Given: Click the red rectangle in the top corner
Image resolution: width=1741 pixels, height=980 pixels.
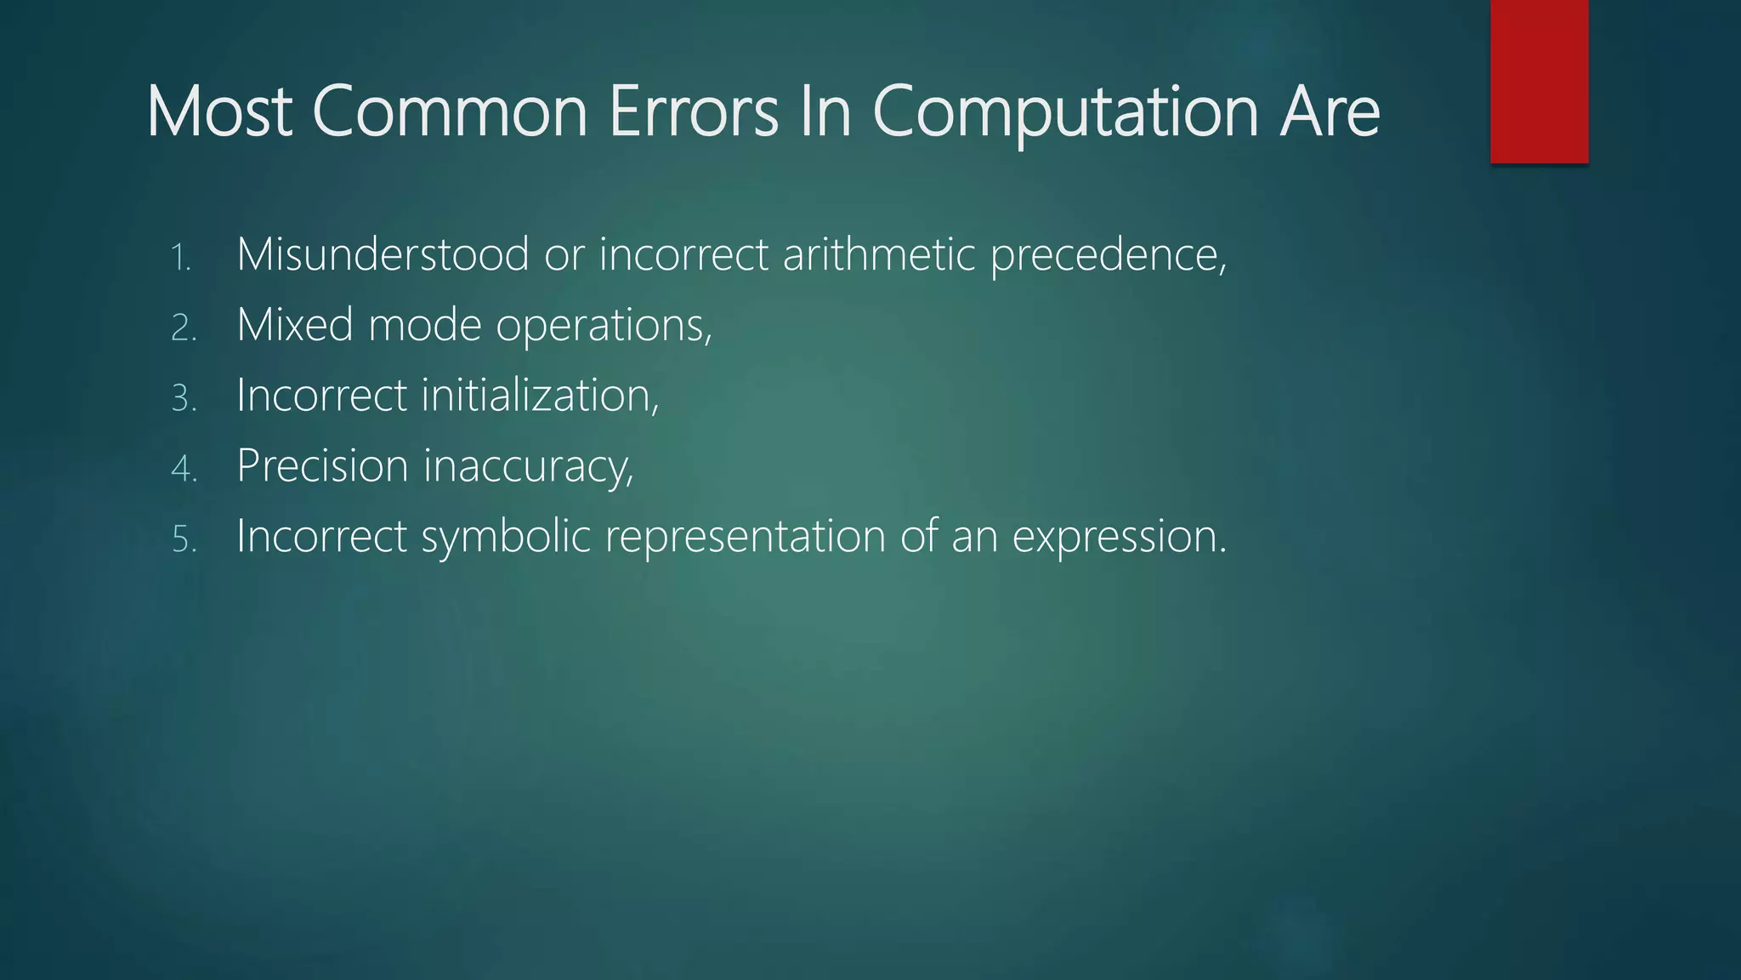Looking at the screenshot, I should pos(1539,82).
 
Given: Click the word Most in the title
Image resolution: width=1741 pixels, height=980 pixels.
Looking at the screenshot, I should pos(219,111).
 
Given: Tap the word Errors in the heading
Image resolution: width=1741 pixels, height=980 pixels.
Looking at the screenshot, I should pos(693,111).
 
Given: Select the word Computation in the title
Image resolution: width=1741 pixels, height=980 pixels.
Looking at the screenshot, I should pos(1065,113).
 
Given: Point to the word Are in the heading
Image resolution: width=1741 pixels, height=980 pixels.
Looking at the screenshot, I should pos(1330,111).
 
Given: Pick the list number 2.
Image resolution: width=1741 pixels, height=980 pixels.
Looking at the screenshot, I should pos(184,328).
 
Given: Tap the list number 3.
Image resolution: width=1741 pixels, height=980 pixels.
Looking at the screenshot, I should pos(184,398).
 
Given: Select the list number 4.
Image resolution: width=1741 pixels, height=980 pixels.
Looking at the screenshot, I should pos(184,469).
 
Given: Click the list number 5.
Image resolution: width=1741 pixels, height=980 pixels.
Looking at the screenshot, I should pos(184,539).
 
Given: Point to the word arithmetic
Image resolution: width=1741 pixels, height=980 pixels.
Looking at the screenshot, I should pos(878,254).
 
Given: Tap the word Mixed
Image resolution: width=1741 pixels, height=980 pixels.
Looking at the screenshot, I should pos(295,325).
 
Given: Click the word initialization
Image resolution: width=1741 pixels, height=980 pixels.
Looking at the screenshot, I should pos(540,396).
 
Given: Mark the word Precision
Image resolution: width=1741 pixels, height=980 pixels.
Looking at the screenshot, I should pos(322,466).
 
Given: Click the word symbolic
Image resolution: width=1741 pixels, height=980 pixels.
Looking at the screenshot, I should pos(506,538).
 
